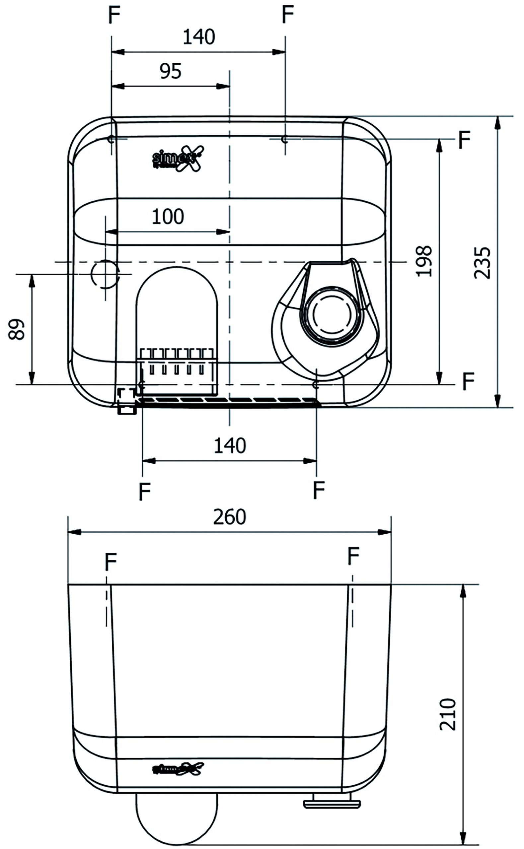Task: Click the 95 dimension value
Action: [x=171, y=71]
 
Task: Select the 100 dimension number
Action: [x=168, y=217]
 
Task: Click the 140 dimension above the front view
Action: [x=199, y=37]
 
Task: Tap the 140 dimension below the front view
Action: [x=230, y=446]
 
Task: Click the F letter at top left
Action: [x=114, y=15]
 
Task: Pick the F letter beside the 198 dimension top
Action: [x=464, y=140]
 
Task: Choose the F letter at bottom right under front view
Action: [x=319, y=490]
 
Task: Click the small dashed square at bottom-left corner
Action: [x=127, y=395]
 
